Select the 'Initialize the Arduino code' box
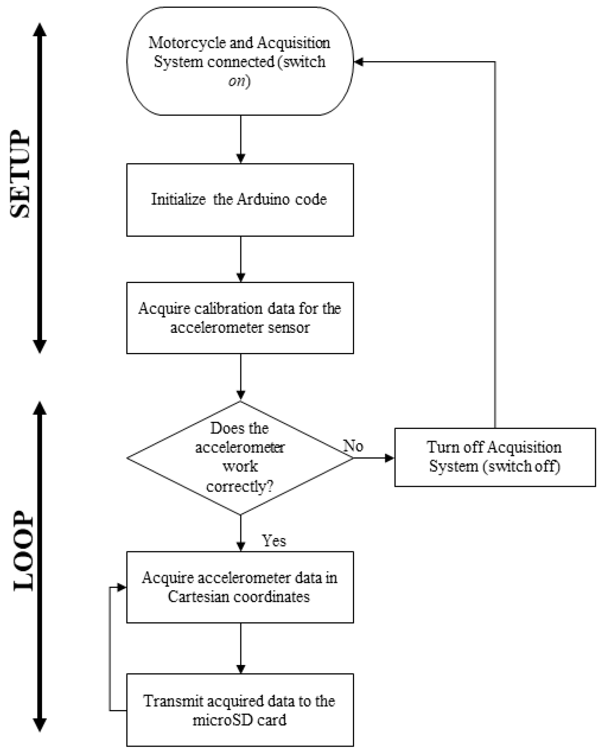240,200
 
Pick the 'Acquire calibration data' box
240,318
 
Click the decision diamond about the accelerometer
240,458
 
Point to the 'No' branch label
353,446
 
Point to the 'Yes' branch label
274,541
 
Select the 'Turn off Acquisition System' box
495,457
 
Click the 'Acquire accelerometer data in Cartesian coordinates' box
240,587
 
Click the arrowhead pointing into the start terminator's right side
358,62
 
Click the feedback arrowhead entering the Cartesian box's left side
122,588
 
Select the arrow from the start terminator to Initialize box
240,139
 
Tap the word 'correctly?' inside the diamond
240,486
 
